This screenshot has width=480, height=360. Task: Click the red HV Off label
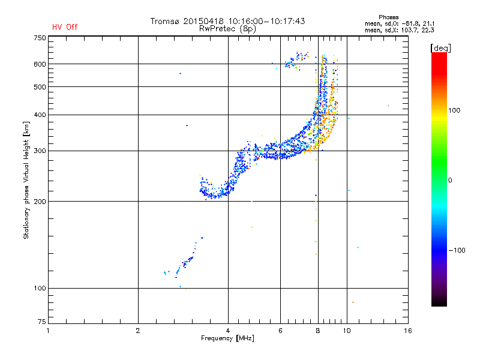[x=64, y=27]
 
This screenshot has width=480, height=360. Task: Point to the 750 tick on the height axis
[x=39, y=38]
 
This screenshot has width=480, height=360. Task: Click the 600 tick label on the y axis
[x=39, y=64]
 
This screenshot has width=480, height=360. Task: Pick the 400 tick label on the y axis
[x=39, y=115]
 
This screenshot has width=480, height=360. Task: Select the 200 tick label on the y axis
[x=39, y=202]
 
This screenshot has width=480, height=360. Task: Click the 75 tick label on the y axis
[x=41, y=323]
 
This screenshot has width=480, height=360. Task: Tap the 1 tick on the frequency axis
[x=48, y=330]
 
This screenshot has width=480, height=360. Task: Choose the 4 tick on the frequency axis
[x=228, y=330]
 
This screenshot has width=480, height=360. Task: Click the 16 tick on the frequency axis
[x=407, y=330]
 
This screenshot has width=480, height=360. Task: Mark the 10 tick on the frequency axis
[x=347, y=330]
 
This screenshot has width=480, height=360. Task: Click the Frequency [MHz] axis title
[x=227, y=338]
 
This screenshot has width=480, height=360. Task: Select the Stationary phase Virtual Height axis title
[x=26, y=180]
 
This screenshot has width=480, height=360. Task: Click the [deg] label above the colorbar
[x=440, y=47]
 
